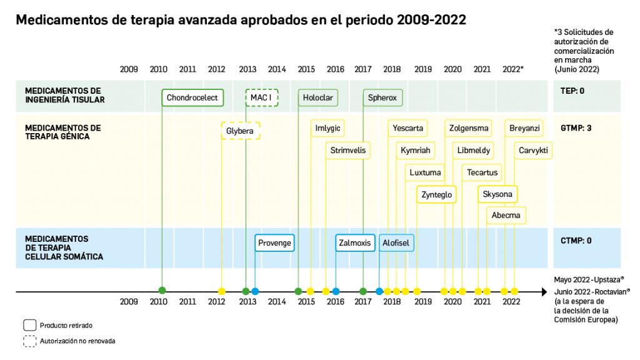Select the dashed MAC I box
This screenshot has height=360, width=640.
pyautogui.click(x=261, y=97)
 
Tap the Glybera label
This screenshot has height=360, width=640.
pyautogui.click(x=241, y=131)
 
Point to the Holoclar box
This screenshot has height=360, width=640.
pyautogui.click(x=317, y=97)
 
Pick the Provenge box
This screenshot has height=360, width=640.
pyautogui.click(x=274, y=242)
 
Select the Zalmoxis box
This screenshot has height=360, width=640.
pyautogui.click(x=355, y=242)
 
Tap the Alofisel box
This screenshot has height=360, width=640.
pyautogui.click(x=396, y=242)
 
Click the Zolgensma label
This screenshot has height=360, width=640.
pyautogui.click(x=469, y=129)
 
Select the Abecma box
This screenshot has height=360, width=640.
pyautogui.click(x=506, y=216)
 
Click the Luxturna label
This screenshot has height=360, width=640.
pyautogui.click(x=425, y=172)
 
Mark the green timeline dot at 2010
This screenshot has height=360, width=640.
pyautogui.click(x=162, y=291)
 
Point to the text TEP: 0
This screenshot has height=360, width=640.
pyautogui.click(x=572, y=91)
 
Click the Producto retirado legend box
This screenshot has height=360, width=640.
pyautogui.click(x=29, y=325)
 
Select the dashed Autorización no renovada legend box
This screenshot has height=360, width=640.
pyautogui.click(x=29, y=341)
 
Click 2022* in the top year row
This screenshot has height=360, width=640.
pyautogui.click(x=513, y=69)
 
